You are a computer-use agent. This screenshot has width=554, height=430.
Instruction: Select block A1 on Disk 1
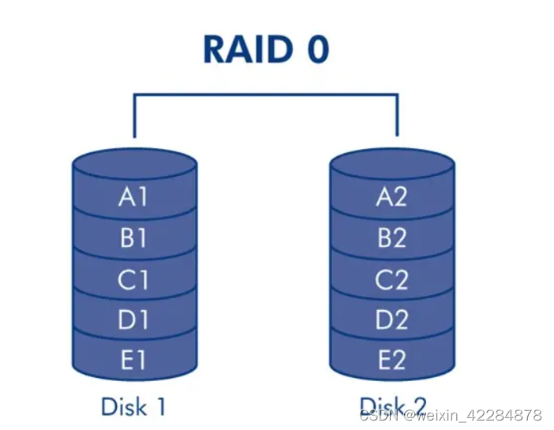coord(133,196)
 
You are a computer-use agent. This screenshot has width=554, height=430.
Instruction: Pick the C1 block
coord(133,279)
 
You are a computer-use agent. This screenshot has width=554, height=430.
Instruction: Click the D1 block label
coord(133,320)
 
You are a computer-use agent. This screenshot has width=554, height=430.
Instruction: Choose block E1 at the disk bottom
coord(133,360)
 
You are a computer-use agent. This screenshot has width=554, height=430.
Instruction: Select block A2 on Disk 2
coord(391,196)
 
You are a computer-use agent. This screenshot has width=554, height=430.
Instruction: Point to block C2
coord(391,279)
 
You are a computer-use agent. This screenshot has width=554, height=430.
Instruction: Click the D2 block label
coord(391,320)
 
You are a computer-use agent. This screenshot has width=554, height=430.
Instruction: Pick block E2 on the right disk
coord(391,360)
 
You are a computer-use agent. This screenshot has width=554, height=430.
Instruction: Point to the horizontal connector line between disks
coord(265,95)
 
